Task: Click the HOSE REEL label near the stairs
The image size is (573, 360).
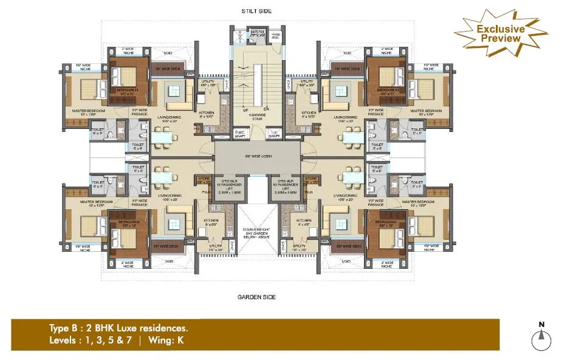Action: [x=275, y=35]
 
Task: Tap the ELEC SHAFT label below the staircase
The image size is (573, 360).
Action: [x=241, y=133]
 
